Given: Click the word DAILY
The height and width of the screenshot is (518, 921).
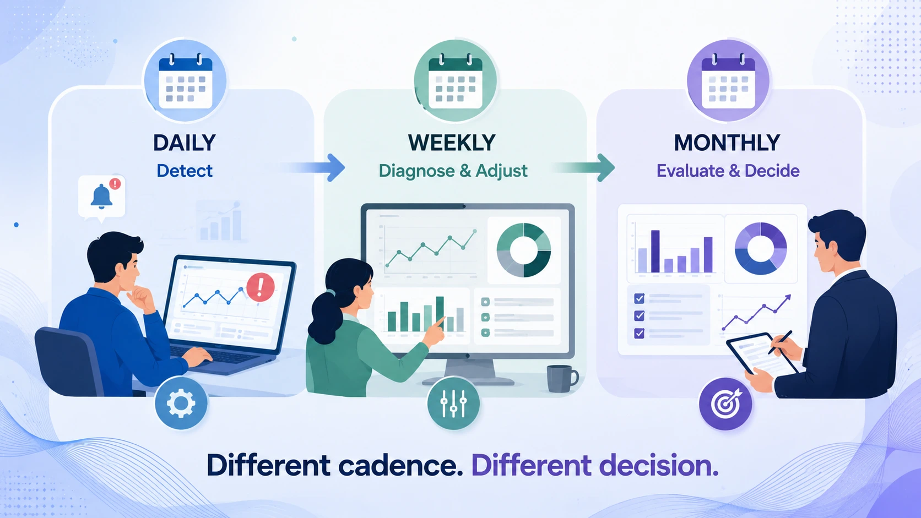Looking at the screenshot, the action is [x=184, y=143].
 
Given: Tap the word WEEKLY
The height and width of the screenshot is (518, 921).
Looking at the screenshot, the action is [x=452, y=143].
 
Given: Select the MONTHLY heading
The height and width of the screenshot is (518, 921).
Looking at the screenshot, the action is [x=727, y=143].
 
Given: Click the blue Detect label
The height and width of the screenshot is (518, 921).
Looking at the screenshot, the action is [x=185, y=171].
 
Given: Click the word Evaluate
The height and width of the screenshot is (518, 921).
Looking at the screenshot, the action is [x=691, y=171].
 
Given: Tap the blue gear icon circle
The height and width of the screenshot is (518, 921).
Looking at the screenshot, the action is [x=181, y=404].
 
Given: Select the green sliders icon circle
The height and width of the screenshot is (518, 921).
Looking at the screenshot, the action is [x=453, y=404].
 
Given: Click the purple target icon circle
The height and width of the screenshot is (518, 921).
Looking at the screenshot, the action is [x=725, y=404].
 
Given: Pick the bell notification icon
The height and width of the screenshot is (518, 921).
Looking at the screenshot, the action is [x=101, y=197].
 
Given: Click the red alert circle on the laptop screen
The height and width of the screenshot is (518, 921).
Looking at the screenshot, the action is [x=261, y=287].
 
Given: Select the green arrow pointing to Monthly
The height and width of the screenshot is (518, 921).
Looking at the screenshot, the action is [x=584, y=167].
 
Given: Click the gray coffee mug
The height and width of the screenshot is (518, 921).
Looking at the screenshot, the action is [x=562, y=378].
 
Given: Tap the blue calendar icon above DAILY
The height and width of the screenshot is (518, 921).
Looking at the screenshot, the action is [x=185, y=81].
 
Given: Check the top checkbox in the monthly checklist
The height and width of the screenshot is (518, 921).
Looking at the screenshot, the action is [x=639, y=298].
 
